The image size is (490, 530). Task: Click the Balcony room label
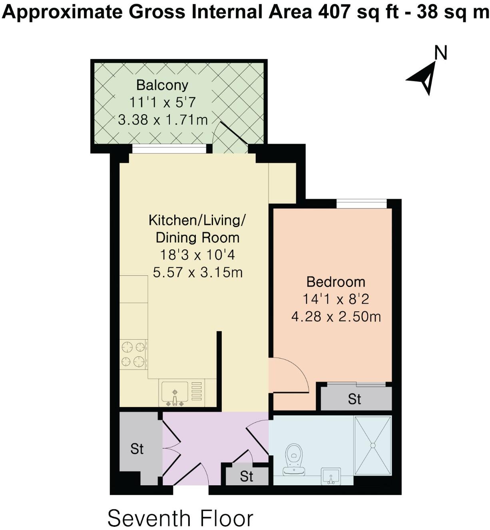coord(162,85)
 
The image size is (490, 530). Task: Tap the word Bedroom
coord(336,282)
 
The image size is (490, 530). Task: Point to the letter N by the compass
coord(441,53)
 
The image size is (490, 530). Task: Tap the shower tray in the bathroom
coord(372,445)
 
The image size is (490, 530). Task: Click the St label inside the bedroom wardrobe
coord(354,399)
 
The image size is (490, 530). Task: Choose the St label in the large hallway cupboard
coord(137,449)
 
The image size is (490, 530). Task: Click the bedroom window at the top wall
coord(361,204)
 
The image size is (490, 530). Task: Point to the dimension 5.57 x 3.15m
coord(197,273)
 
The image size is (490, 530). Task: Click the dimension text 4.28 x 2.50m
coord(336,317)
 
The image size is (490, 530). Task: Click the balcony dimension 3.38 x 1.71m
coord(163,120)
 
